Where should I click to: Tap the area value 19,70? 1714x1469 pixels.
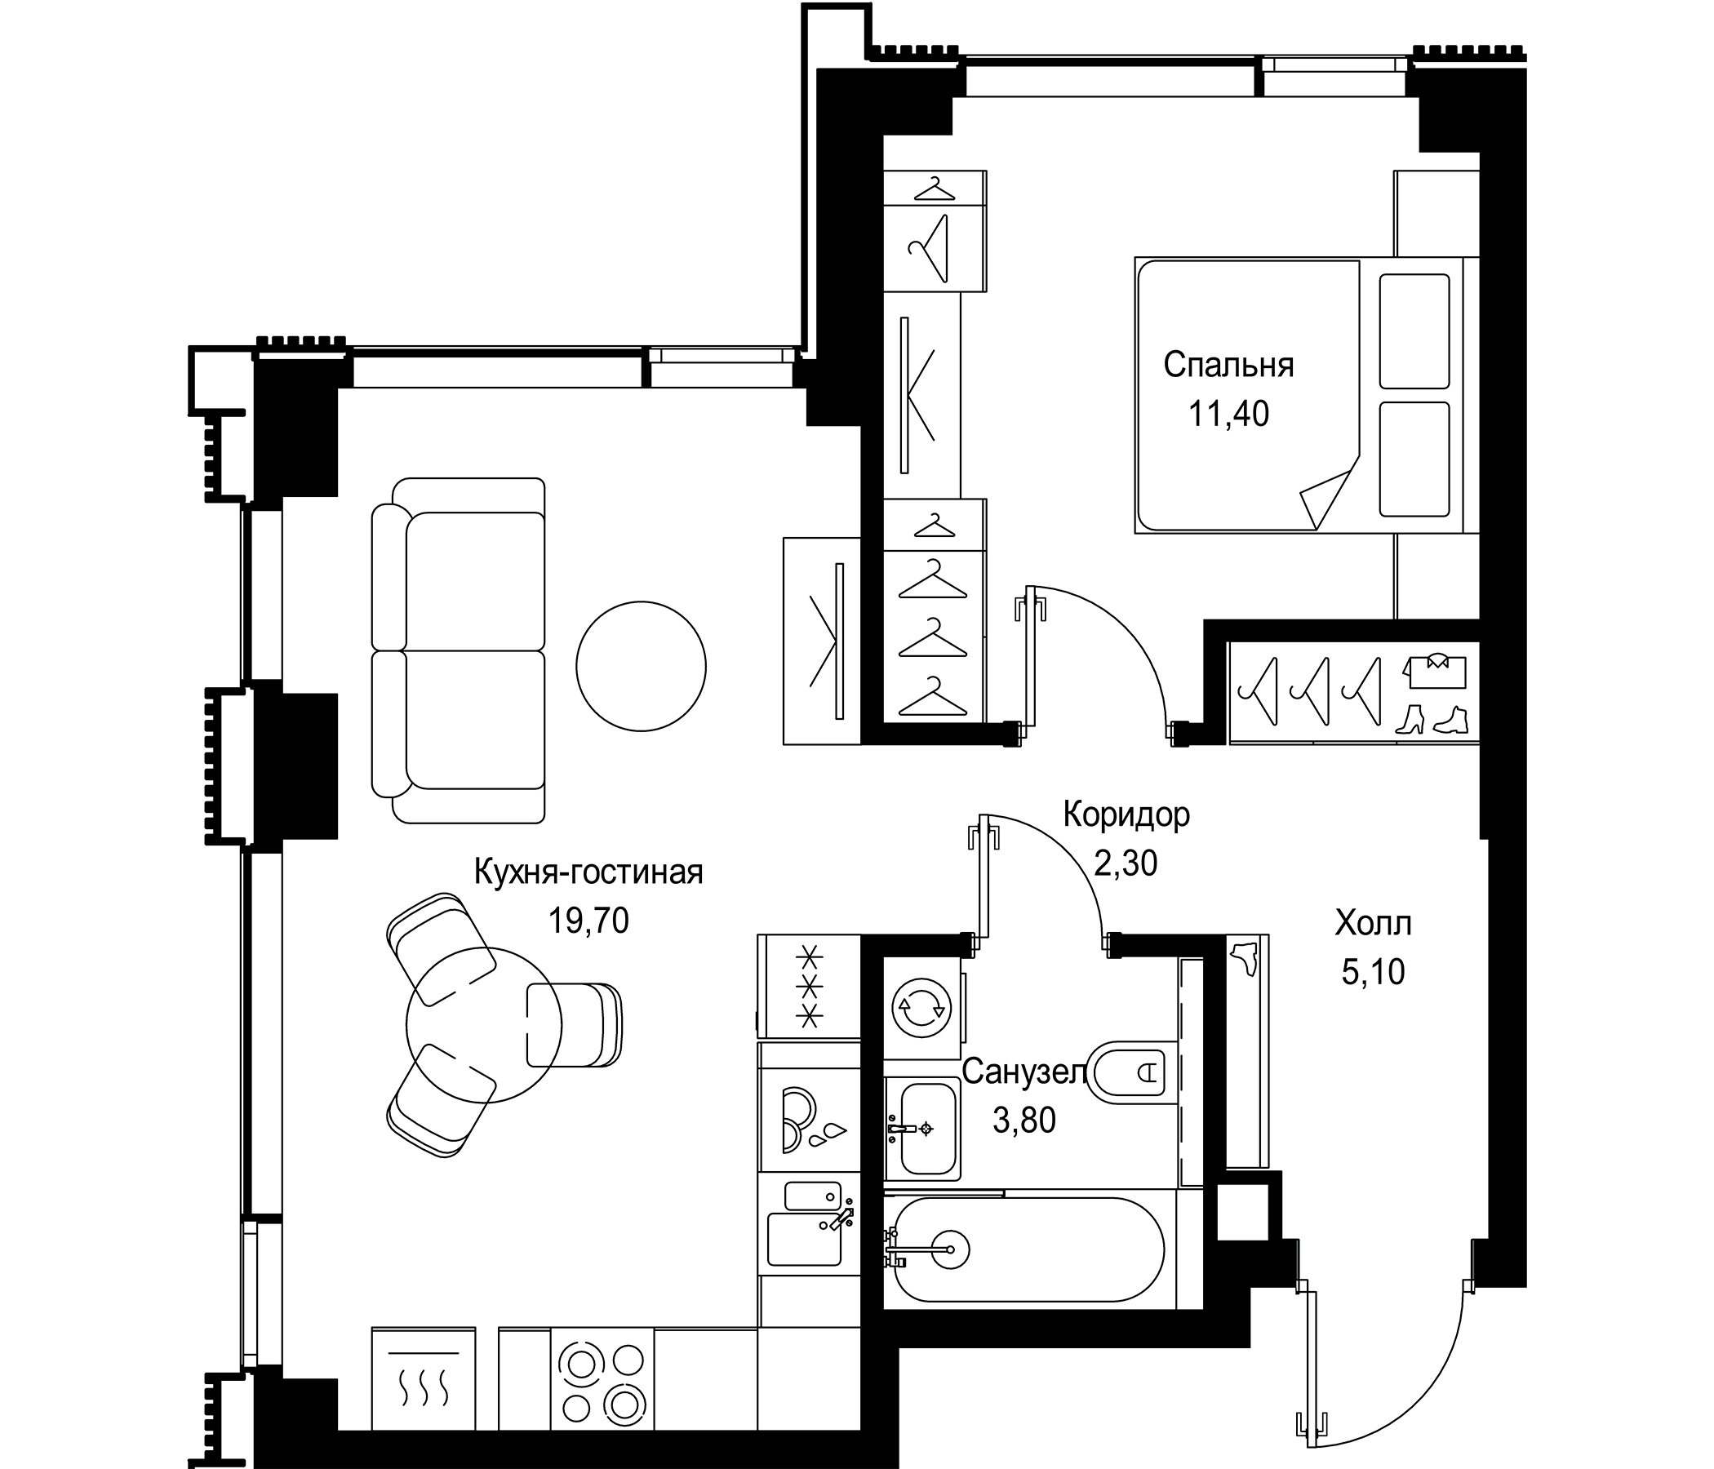[589, 920]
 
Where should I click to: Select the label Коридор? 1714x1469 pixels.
[1126, 814]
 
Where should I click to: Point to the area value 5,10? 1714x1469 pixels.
[1373, 973]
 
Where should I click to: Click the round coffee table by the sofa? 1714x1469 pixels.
[641, 666]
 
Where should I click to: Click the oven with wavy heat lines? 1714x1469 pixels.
[424, 1380]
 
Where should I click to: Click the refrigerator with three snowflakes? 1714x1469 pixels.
[810, 986]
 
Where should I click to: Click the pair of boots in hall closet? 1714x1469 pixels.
[1432, 720]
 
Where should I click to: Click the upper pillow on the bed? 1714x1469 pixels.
[1414, 331]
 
